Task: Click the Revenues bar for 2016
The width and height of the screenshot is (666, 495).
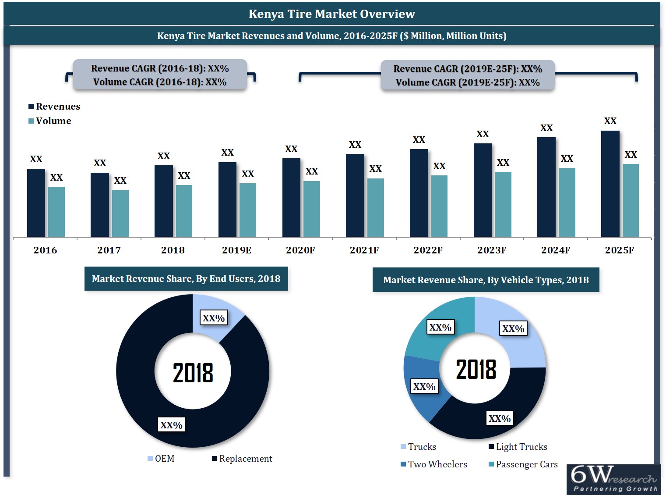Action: click(36, 203)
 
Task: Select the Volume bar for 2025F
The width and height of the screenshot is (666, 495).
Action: click(631, 200)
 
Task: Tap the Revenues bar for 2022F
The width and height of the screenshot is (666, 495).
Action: click(419, 193)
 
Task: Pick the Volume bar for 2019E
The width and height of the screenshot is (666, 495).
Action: click(248, 210)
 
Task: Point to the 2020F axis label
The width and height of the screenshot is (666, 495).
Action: click(300, 250)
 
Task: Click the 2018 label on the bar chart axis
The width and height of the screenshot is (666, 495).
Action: click(173, 250)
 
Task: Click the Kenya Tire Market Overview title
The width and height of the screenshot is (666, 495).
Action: click(332, 14)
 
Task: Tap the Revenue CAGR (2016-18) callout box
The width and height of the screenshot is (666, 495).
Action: click(160, 75)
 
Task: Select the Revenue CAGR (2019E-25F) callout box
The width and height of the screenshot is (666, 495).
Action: click(468, 75)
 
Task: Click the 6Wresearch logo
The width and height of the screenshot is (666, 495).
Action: click(613, 479)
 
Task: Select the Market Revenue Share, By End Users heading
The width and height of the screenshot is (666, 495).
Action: click(186, 279)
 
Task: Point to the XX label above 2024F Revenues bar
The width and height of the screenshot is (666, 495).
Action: click(546, 128)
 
